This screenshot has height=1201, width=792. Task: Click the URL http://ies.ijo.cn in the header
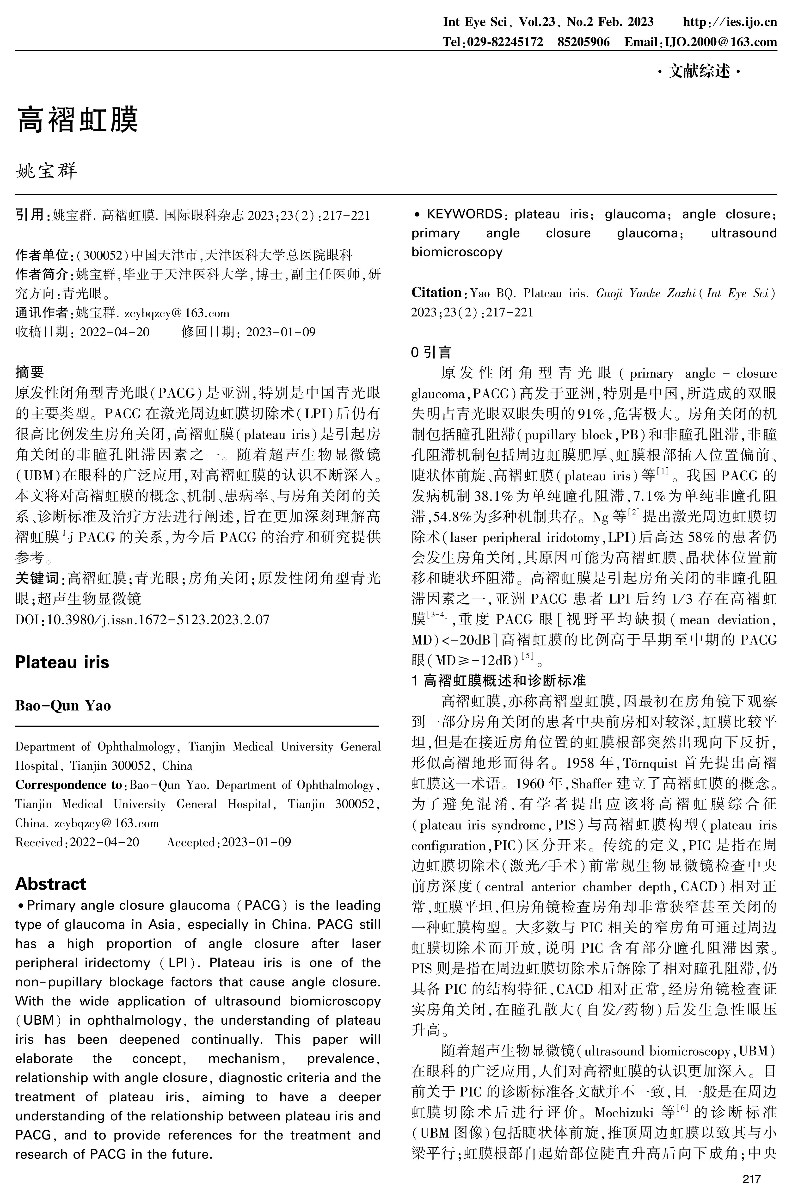pos(729,22)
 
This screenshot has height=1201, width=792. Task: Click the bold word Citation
pos(436,292)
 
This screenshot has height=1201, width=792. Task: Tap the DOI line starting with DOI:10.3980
pos(142,619)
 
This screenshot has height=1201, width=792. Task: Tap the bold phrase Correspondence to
pos(69,785)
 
